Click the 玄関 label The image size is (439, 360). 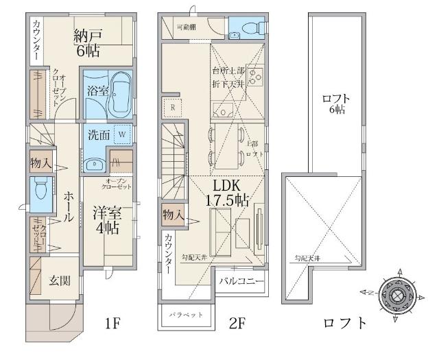[x=58, y=280]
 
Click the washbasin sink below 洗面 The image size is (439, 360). [x=94, y=163]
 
